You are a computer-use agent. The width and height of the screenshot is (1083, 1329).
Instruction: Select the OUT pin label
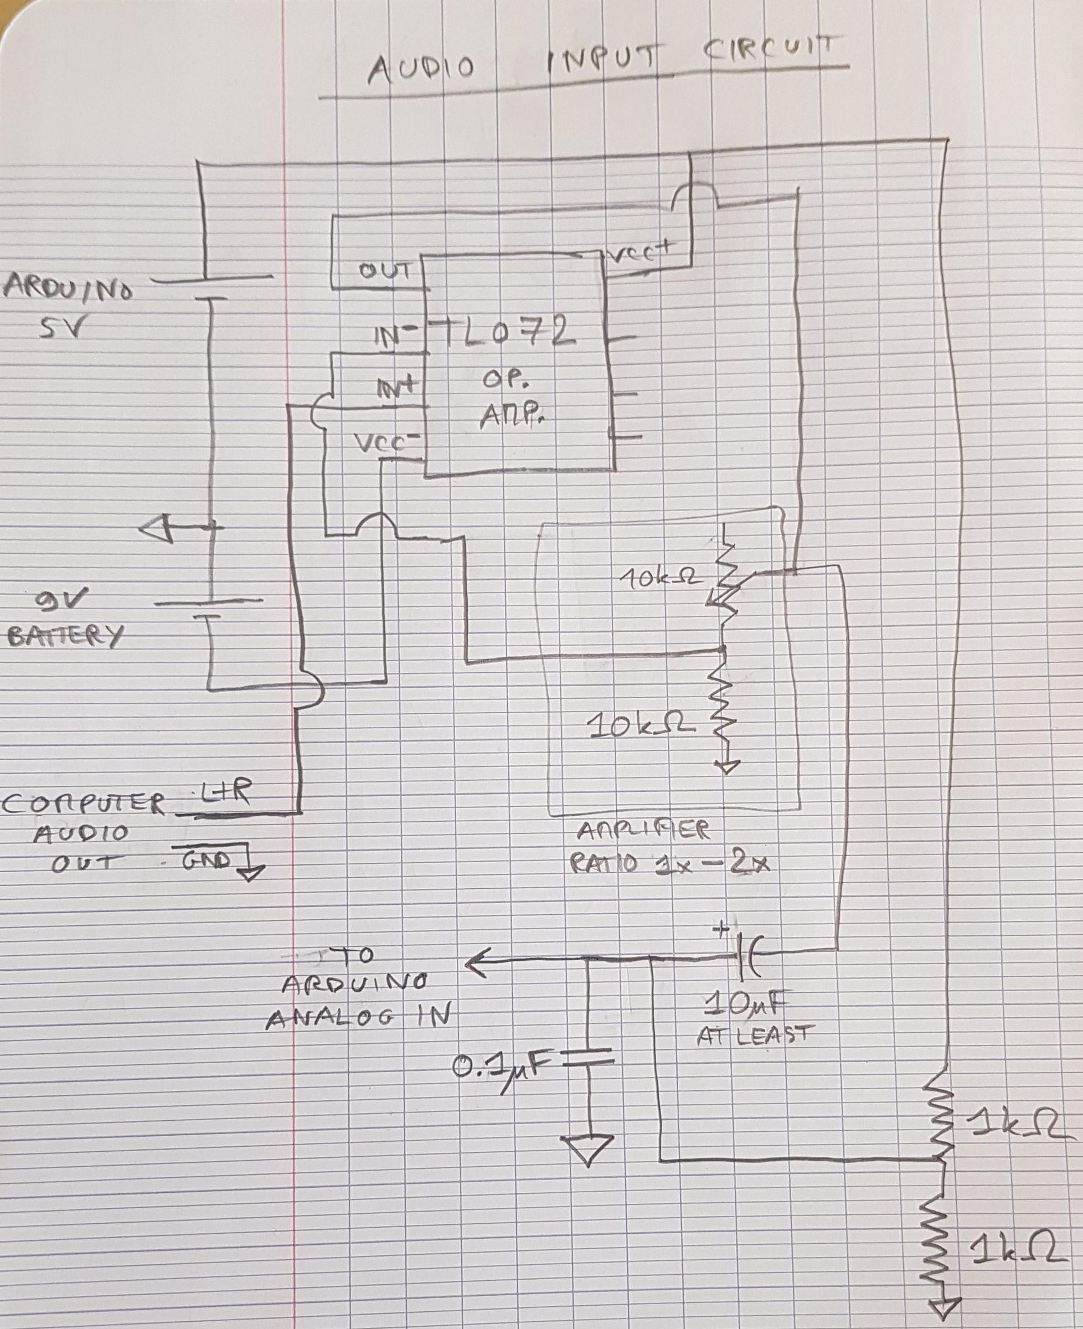pos(385,271)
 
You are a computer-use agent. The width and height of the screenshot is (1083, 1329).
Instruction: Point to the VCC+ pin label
pos(643,253)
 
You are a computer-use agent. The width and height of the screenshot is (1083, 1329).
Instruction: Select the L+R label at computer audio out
pos(225,794)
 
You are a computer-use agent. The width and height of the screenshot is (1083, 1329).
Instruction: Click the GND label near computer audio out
pos(206,861)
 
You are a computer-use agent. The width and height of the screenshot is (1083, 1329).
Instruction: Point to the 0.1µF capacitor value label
pos(502,1069)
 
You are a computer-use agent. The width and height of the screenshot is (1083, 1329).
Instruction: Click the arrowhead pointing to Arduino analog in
pos(477,966)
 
